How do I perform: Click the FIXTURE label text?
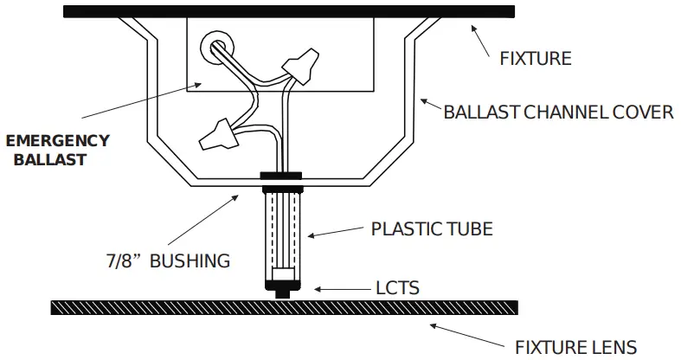pyautogui.click(x=536, y=59)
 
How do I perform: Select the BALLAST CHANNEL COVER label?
pyautogui.click(x=558, y=112)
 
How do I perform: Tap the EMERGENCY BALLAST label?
pyautogui.click(x=57, y=150)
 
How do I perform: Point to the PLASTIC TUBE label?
pyautogui.click(x=432, y=229)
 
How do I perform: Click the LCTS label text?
pyautogui.click(x=397, y=288)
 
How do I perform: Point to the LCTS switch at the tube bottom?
pyautogui.click(x=281, y=284)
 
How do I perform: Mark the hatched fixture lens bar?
pyautogui.click(x=285, y=307)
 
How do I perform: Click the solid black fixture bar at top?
pyautogui.click(x=288, y=11)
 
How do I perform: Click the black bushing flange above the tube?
pyautogui.click(x=281, y=177)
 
